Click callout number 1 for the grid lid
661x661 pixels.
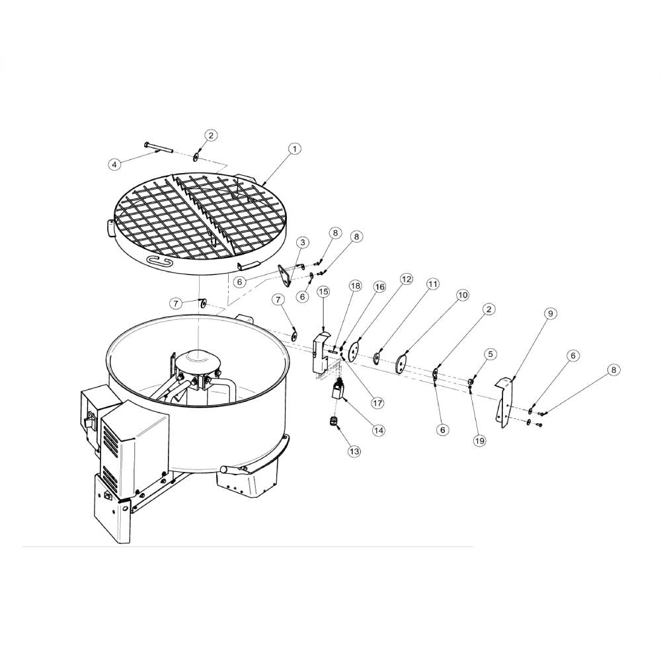[x=295, y=149]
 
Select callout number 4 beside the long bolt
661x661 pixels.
[x=114, y=164]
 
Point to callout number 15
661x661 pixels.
[x=323, y=292]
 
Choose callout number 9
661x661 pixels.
[x=550, y=313]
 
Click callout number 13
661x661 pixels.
[x=354, y=451]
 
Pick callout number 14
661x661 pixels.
[x=379, y=430]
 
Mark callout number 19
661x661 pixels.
[x=479, y=440]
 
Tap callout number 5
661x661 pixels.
[x=490, y=354]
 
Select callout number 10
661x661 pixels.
[x=463, y=295]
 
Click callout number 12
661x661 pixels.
[x=406, y=279]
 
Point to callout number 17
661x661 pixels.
[x=377, y=403]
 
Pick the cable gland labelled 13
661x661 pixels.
[x=333, y=422]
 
